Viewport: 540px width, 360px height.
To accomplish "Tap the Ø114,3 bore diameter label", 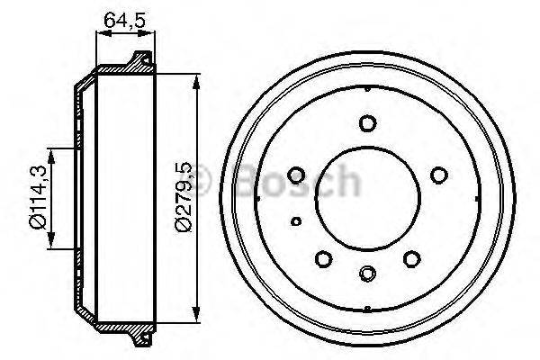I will (35, 197).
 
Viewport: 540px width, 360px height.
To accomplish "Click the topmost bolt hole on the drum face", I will (366, 124).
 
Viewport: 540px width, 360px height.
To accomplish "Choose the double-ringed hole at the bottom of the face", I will (366, 274).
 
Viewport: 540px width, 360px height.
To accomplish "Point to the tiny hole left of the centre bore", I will (296, 220).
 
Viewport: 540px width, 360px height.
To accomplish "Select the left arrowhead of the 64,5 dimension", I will (99, 34).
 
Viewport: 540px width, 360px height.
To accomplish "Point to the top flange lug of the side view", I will (139, 60).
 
